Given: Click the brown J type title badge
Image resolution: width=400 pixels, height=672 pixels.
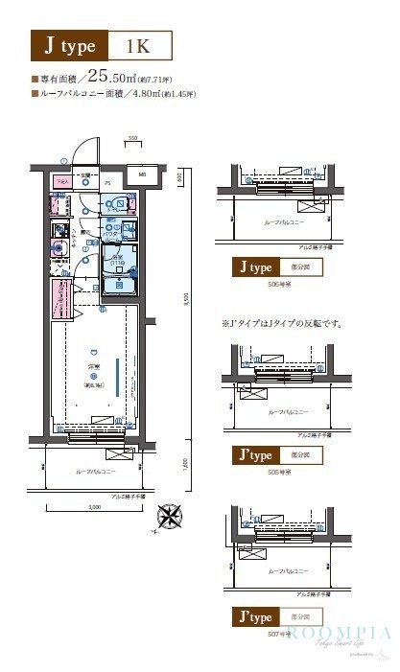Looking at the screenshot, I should coord(66,44).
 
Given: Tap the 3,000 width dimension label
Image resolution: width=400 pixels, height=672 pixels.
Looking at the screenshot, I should coord(94,505).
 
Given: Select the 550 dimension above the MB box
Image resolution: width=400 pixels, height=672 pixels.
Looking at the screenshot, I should coord(134,140).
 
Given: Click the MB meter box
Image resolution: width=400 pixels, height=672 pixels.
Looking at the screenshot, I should coord(140,175).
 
